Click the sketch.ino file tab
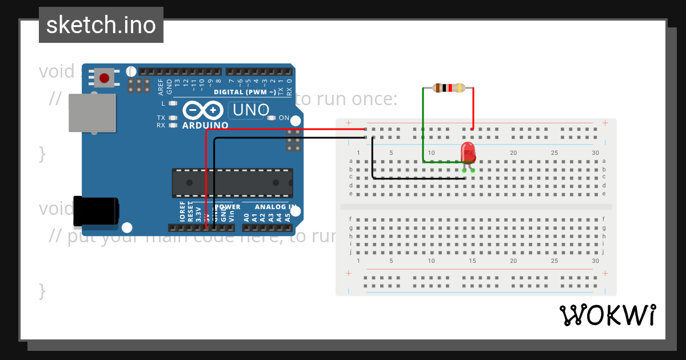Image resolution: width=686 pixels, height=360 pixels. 101,25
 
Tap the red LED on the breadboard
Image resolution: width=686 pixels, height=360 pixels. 468,152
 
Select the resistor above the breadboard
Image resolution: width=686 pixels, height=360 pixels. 448,88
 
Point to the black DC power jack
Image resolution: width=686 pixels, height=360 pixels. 96,210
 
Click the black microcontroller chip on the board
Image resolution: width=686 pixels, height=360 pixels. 233,183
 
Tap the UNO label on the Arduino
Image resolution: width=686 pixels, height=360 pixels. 249,110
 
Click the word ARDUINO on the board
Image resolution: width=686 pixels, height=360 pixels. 205,125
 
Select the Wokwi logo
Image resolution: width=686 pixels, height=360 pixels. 607,315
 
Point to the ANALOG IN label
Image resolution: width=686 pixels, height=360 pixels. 276,207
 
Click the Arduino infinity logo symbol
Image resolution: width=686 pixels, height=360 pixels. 203,110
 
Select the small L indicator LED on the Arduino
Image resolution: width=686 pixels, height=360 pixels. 173,103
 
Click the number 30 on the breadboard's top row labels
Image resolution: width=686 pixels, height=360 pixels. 596,153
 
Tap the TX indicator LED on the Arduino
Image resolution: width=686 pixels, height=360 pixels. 173,118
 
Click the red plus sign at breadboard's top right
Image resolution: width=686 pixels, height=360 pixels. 605,123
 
